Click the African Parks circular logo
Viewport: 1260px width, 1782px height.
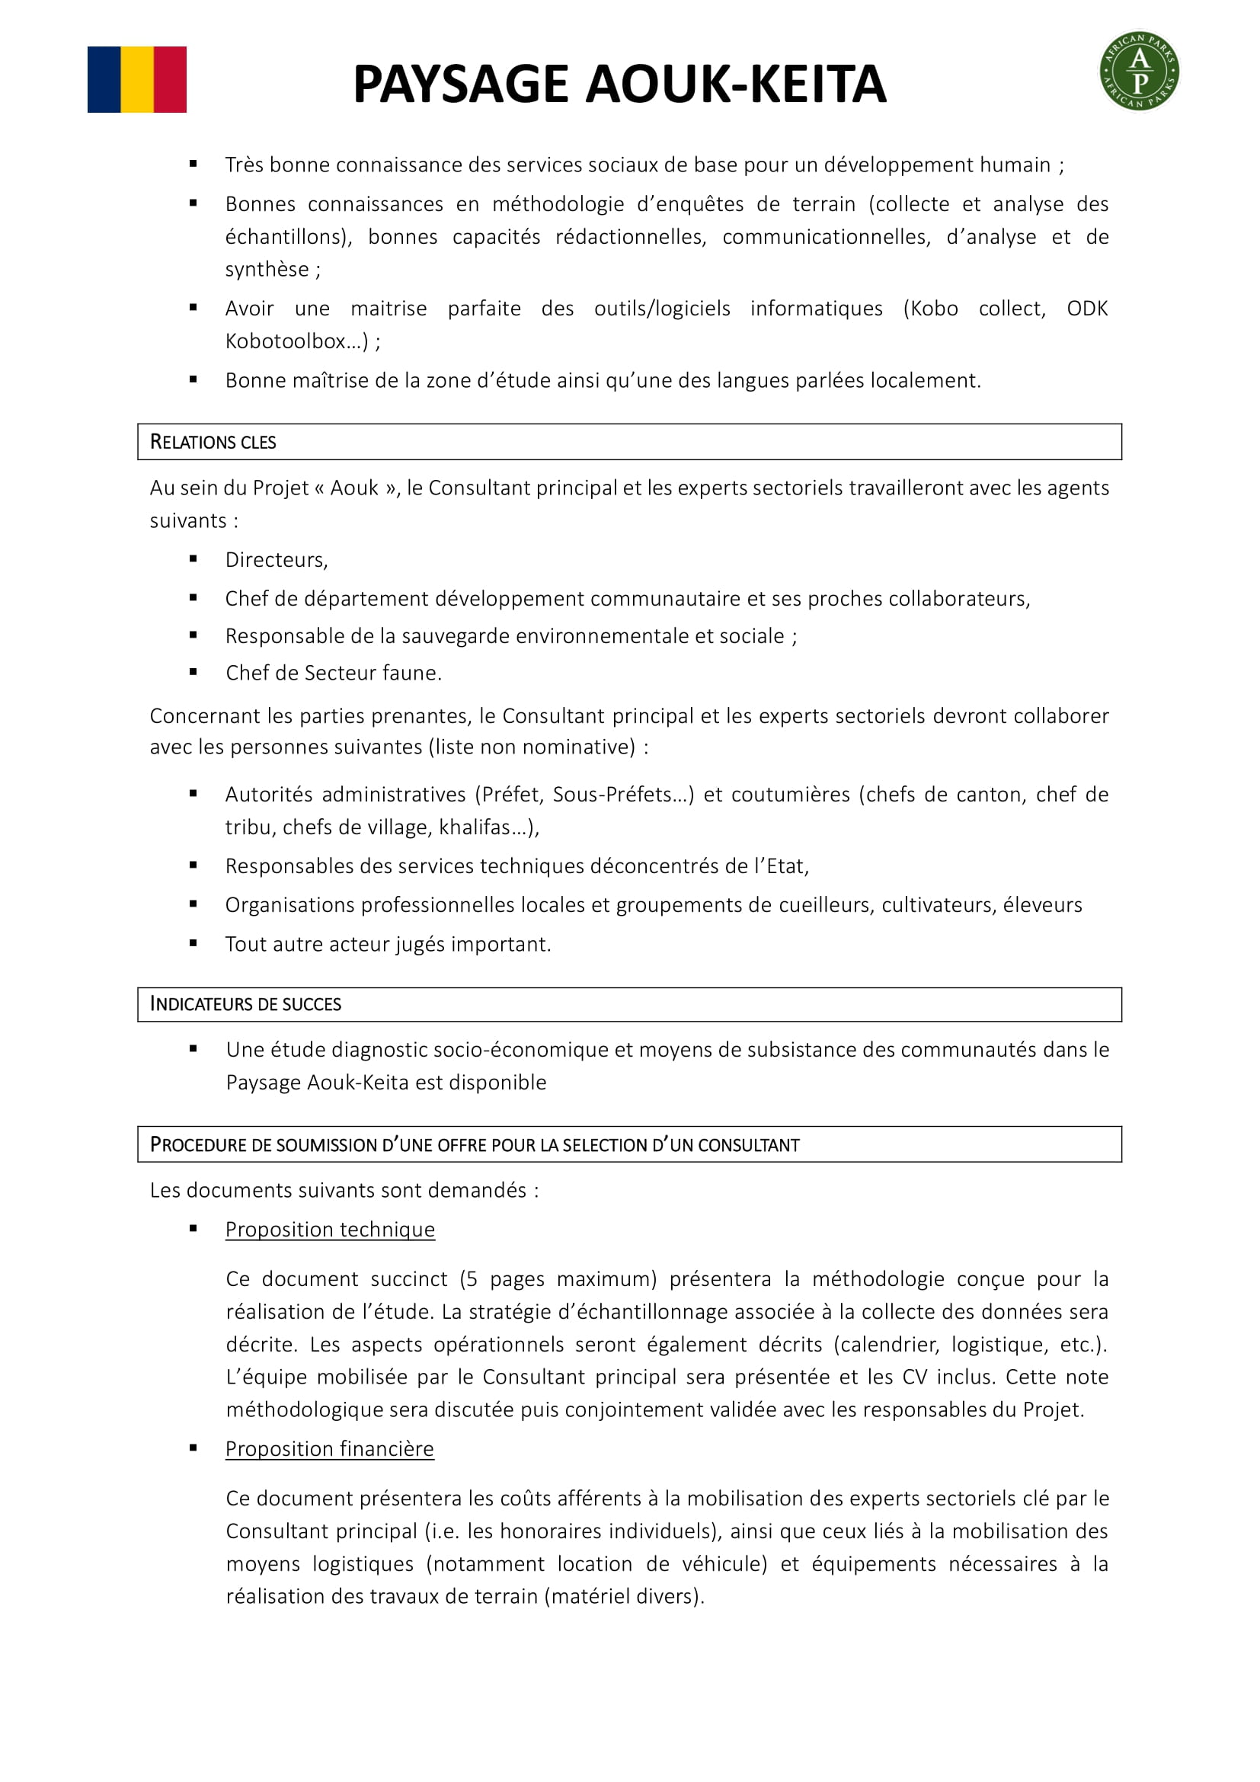[1139, 72]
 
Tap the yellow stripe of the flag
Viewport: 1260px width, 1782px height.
[137, 79]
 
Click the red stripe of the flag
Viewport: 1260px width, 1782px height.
[170, 79]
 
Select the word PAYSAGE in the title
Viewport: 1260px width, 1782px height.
[461, 84]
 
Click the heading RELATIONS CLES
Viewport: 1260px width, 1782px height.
[213, 443]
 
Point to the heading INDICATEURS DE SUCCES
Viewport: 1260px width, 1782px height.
[245, 1004]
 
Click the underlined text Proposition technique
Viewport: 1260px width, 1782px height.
[330, 1230]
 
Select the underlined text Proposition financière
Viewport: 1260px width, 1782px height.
[329, 1449]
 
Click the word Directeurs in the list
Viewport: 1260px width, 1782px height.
[275, 560]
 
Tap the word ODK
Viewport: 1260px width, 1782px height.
[1087, 309]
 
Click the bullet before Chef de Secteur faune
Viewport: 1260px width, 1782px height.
[193, 672]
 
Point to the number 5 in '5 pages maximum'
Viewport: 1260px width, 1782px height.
[471, 1279]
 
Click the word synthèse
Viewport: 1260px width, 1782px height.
[266, 269]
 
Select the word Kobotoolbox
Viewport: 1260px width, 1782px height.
[285, 341]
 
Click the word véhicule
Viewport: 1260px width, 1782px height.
[723, 1564]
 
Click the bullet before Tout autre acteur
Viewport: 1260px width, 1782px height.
[193, 943]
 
